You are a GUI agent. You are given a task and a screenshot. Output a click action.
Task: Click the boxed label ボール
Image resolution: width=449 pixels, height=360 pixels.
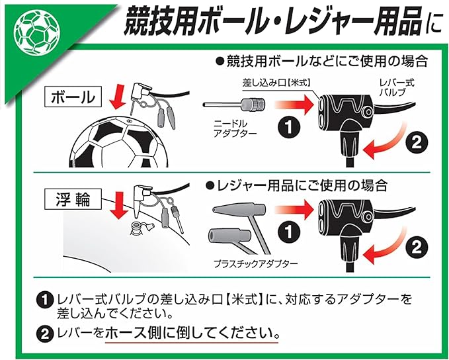pyautogui.click(x=73, y=97)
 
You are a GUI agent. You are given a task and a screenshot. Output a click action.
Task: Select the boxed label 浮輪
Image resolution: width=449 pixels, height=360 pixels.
pyautogui.click(x=73, y=199)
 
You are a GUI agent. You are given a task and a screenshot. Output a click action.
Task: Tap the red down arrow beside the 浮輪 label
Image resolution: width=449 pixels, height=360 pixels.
pyautogui.click(x=120, y=206)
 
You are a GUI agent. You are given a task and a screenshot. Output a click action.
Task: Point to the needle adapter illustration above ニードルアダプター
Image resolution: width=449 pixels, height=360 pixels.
pyautogui.click(x=234, y=105)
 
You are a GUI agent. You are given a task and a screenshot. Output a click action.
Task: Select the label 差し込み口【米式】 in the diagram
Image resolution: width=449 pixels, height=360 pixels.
pyautogui.click(x=276, y=83)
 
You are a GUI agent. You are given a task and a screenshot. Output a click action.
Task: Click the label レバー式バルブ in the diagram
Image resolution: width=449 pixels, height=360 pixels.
pyautogui.click(x=397, y=87)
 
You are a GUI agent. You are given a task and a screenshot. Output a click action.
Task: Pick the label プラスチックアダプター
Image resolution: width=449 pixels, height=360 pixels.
pyautogui.click(x=256, y=263)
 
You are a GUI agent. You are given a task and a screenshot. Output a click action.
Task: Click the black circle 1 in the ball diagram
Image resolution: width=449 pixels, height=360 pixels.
pyautogui.click(x=289, y=126)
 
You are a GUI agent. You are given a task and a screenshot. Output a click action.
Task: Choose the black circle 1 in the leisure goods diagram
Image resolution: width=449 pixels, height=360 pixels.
pyautogui.click(x=289, y=232)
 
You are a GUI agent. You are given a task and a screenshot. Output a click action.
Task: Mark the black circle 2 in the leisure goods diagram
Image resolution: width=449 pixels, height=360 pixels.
pyautogui.click(x=417, y=247)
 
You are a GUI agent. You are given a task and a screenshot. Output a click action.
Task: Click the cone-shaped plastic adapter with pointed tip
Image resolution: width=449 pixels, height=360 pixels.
pyautogui.click(x=239, y=208)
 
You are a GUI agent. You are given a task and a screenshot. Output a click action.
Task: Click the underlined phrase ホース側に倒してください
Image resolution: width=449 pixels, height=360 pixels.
pyautogui.click(x=192, y=332)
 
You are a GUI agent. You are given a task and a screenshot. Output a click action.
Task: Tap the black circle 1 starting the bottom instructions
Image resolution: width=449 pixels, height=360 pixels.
pyautogui.click(x=45, y=300)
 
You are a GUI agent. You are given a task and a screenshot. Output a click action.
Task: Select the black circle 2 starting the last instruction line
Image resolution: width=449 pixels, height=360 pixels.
pyautogui.click(x=45, y=334)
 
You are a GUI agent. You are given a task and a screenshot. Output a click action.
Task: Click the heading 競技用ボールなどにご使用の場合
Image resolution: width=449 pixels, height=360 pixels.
pyautogui.click(x=322, y=62)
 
